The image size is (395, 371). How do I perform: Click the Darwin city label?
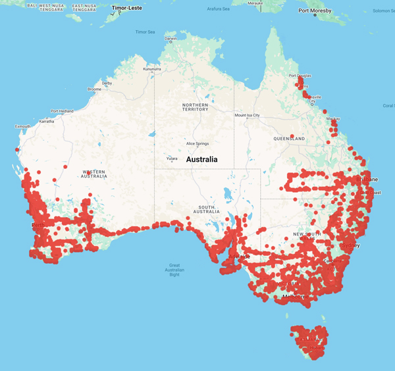tap(171, 38)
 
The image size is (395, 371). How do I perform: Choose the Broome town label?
tap(94, 89)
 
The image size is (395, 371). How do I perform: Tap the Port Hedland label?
tap(63, 111)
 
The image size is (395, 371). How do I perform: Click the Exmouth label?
tap(23, 126)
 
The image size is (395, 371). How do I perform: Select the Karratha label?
tap(47, 122)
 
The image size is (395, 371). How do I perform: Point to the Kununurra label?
tap(151, 68)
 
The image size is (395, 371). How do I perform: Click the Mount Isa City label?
tap(248, 115)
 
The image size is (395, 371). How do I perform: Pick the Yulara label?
tap(171, 159)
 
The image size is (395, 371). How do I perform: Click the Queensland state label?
tap(289, 139)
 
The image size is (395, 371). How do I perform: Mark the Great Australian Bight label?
tap(174, 270)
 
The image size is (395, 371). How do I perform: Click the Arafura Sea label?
tap(218, 9)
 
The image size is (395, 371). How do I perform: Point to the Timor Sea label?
tap(145, 32)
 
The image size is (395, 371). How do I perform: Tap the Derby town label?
tap(106, 84)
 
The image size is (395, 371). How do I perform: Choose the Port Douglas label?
tap(300, 76)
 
